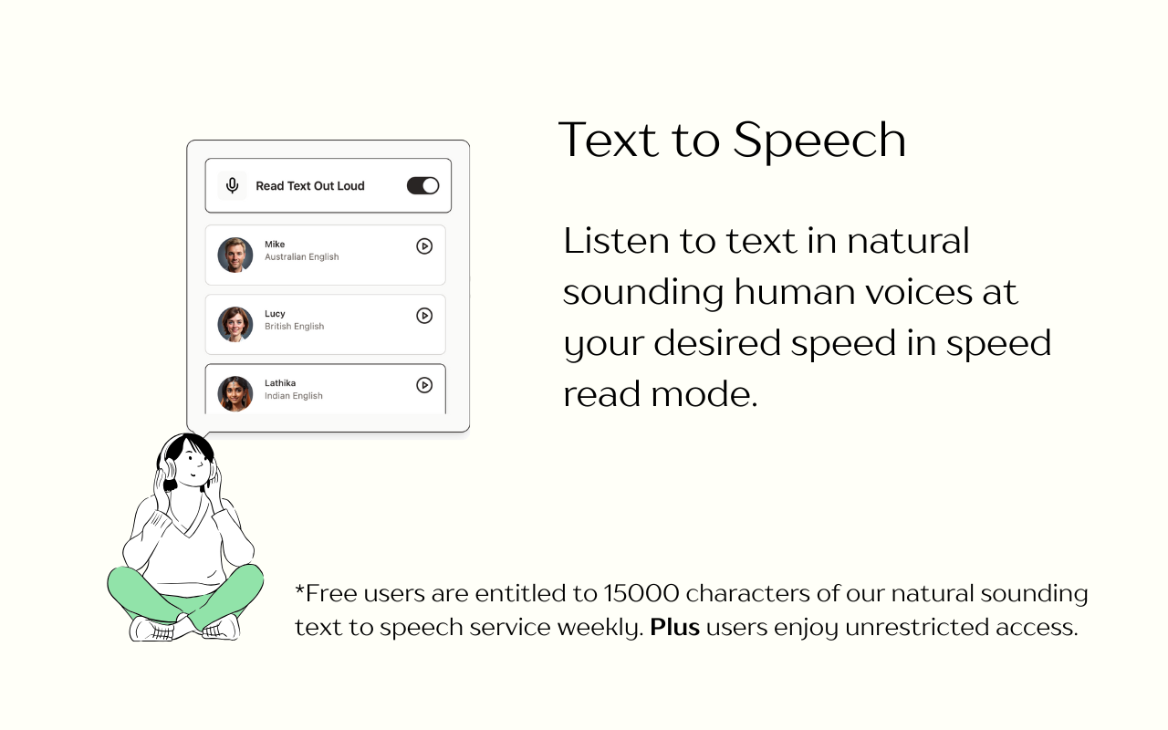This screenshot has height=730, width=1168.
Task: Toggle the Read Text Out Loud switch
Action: coord(422,186)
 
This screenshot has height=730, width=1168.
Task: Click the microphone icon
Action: coord(233,186)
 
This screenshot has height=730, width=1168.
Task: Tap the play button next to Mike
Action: coord(424,246)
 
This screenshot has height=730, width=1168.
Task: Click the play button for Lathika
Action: coord(424,385)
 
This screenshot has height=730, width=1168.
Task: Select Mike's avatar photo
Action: coord(235,255)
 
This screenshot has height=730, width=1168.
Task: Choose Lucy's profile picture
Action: coord(235,325)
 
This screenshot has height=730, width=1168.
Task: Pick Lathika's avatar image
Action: coord(235,394)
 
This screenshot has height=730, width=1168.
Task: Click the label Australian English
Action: coord(301,257)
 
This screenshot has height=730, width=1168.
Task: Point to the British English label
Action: coord(294,327)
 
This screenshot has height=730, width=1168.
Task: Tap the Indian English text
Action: coord(293,396)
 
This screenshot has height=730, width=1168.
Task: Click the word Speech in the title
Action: coord(819,141)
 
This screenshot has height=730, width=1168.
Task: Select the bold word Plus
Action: coord(674,628)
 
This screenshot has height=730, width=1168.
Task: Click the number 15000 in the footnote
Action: coord(641,594)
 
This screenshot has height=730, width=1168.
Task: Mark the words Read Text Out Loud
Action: coord(310,186)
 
